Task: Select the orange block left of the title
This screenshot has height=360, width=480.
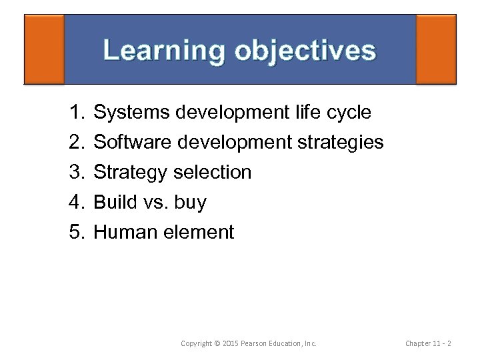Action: pos(44,49)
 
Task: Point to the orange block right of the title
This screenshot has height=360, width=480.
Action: pos(436,49)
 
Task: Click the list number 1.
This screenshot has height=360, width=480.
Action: pos(75,113)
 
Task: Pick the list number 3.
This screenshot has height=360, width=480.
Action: pos(75,173)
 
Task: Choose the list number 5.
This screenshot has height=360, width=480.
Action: pos(75,233)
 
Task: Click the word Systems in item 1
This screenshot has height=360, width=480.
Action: pos(131,113)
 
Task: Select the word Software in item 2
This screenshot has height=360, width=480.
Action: pos(133,143)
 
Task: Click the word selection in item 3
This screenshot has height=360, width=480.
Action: pos(212,173)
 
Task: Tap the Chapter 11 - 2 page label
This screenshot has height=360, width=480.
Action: pos(428,343)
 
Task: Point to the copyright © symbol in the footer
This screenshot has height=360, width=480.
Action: pos(218,343)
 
